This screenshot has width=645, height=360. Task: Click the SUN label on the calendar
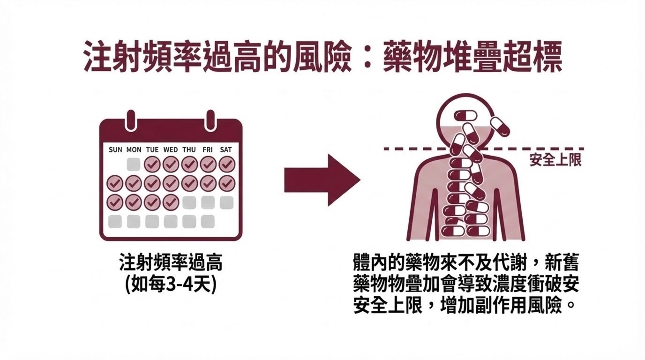[115, 150]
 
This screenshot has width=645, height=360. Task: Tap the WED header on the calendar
[171, 150]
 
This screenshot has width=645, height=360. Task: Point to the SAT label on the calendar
[226, 150]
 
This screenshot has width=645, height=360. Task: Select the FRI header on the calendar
[208, 150]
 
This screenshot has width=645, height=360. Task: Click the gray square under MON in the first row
[134, 165]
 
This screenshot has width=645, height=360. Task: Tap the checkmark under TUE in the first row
[152, 165]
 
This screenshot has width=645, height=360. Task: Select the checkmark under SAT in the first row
[226, 165]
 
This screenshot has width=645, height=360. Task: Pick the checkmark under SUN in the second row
[115, 183]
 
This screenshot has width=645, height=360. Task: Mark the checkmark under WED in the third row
[171, 202]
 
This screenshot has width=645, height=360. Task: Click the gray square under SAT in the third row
[226, 202]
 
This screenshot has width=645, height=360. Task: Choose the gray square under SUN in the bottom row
[115, 221]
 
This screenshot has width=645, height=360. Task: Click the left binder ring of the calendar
[131, 120]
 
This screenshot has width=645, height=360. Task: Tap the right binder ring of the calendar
[210, 120]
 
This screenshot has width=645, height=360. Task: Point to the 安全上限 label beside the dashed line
[555, 160]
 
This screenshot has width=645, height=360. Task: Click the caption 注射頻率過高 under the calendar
[171, 262]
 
